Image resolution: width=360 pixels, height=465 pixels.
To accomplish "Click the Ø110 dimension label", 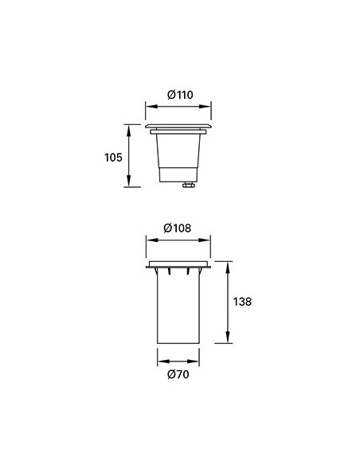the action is (180, 95).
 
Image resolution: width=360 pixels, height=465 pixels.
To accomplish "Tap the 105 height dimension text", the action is (113, 157).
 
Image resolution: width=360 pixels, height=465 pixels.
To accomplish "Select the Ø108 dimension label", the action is (178, 228).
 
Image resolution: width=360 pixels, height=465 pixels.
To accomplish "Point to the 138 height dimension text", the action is (242, 302).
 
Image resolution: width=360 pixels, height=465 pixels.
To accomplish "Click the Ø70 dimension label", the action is (178, 374).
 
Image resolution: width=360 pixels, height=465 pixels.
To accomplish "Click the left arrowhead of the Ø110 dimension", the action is (151, 107).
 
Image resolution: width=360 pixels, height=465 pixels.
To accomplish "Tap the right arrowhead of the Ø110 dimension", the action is (205, 107).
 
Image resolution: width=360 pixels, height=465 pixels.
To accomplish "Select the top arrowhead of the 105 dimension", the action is (129, 131).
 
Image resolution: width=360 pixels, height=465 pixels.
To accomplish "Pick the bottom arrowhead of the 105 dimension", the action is (129, 181).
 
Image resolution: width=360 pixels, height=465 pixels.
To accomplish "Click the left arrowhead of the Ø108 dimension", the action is (151, 240).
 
